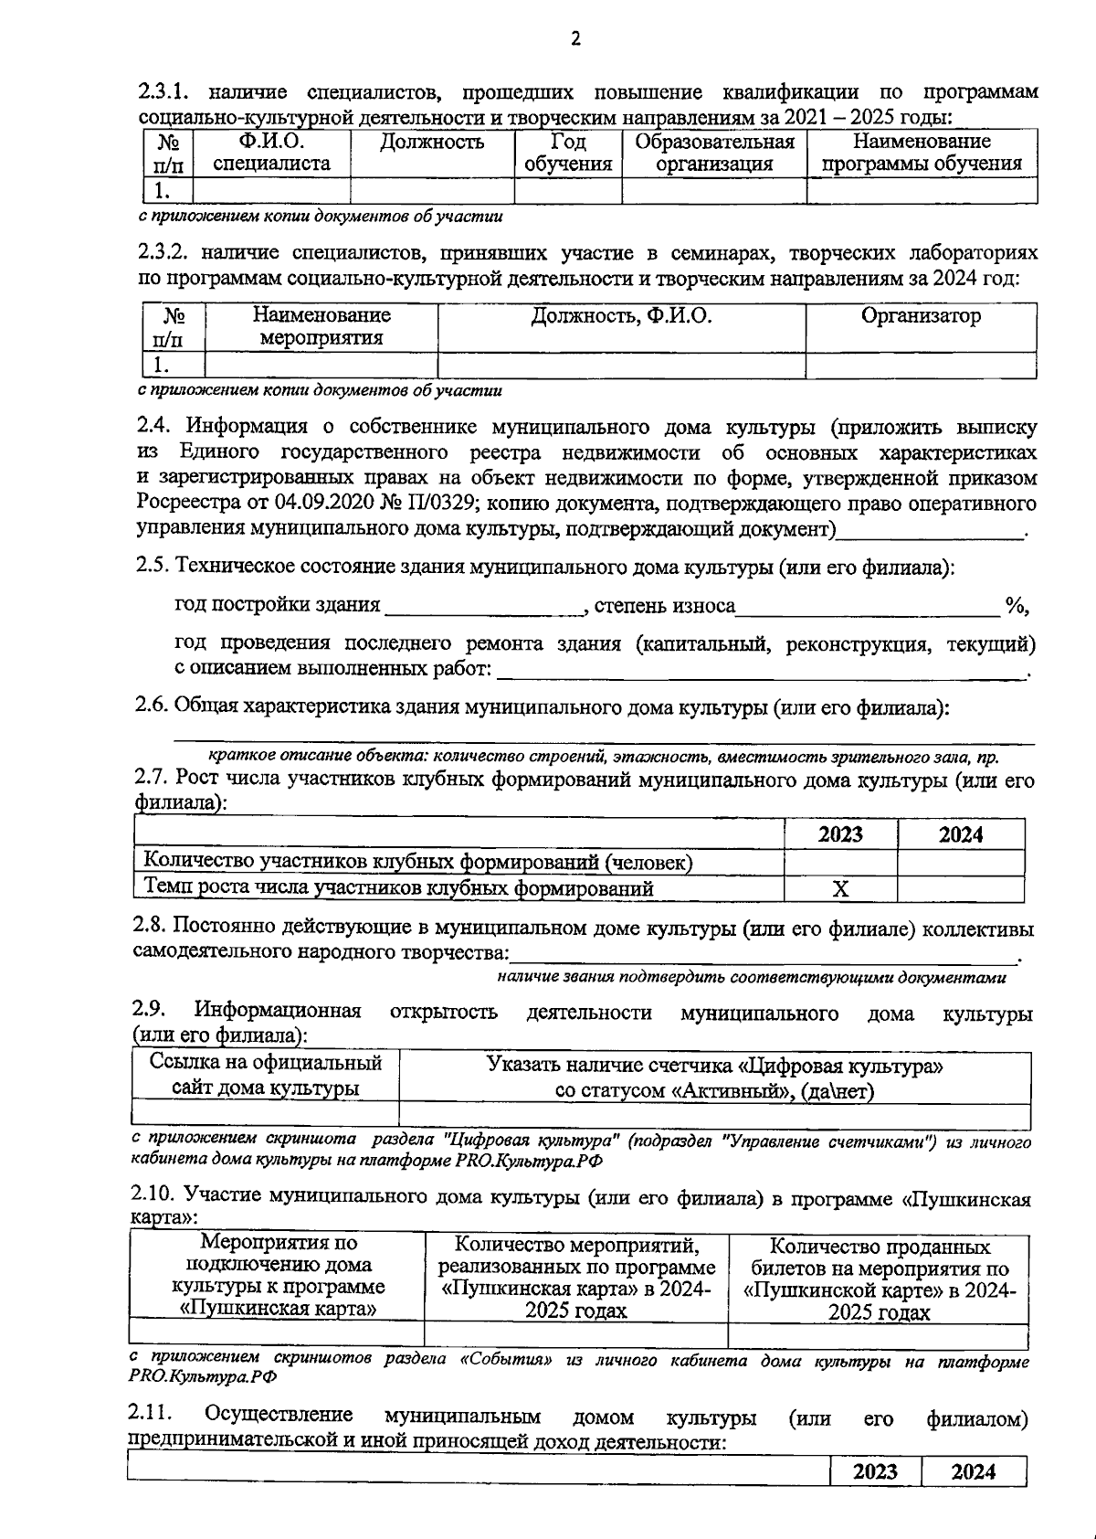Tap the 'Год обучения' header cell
[x=567, y=153]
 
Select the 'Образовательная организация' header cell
[x=714, y=153]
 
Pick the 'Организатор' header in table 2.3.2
[x=921, y=316]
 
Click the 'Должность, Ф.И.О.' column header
[x=621, y=316]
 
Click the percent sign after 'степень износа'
[x=1015, y=605]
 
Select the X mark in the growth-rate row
[x=840, y=888]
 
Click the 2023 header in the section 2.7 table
[x=840, y=834]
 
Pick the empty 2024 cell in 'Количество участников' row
[x=960, y=862]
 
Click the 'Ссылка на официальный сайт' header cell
[x=266, y=1075]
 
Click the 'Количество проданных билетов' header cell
[x=879, y=1279]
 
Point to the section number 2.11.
[x=152, y=1416]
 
